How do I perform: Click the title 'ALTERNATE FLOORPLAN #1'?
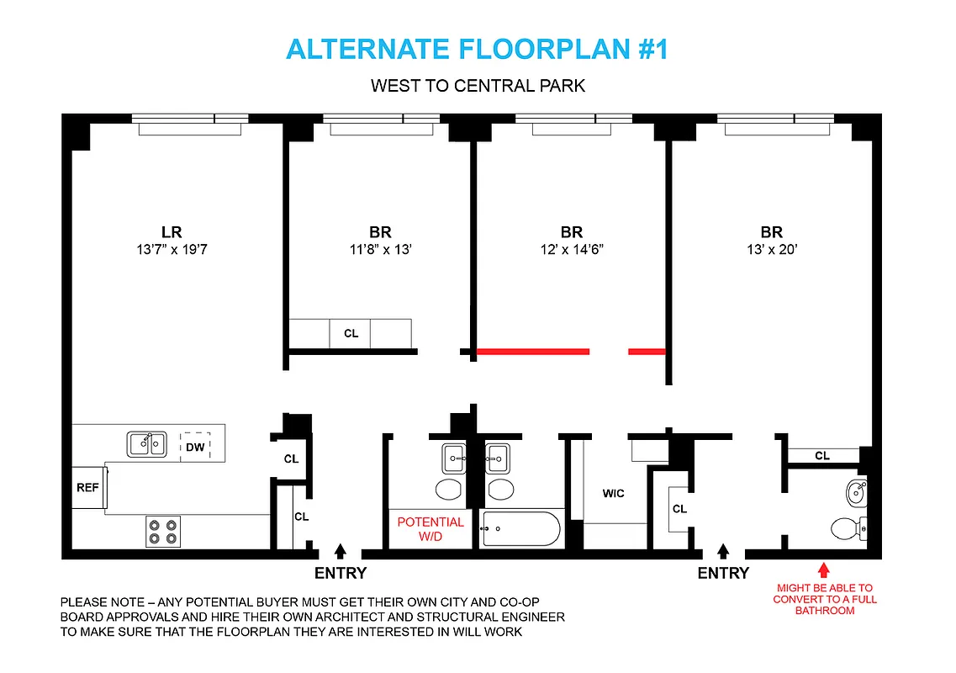477,50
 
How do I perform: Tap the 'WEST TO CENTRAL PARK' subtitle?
478,86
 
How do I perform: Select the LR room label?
172,232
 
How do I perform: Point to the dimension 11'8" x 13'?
380,250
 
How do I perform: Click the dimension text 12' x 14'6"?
571,250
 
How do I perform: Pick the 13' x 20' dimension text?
771,250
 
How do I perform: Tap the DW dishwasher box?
195,447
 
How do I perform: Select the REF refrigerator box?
87,487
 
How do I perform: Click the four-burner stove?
162,531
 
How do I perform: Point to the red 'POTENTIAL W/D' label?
430,528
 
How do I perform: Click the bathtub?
520,530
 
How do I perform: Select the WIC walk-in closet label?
613,493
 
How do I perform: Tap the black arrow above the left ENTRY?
341,551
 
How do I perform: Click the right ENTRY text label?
722,573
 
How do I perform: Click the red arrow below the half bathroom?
823,570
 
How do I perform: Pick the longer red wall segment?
533,352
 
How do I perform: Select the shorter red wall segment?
647,352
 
